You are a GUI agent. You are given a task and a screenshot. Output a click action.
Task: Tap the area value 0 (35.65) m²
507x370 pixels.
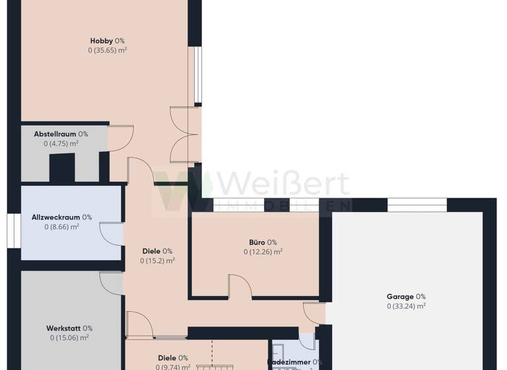tap(108, 50)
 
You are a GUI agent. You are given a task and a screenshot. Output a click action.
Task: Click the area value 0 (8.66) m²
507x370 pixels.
tap(62, 227)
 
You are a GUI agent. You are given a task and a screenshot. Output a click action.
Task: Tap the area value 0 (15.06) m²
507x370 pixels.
tap(69, 338)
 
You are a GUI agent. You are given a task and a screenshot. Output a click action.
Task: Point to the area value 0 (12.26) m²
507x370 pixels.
tap(263, 252)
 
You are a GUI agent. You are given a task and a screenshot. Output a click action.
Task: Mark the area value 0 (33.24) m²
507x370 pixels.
tap(406, 307)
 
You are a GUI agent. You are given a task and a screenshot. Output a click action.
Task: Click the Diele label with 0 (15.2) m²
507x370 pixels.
tap(157, 251)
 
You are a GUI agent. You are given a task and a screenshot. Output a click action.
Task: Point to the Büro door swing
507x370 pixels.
tap(240, 286)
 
